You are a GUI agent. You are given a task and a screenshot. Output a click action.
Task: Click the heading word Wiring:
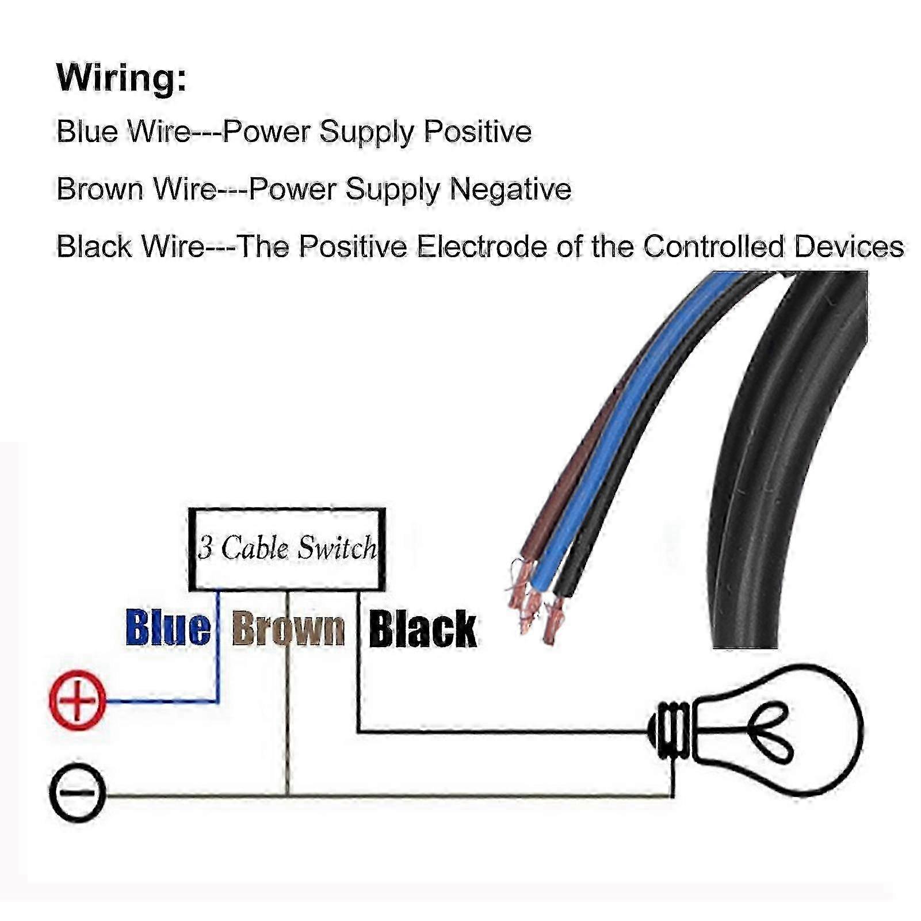pos(121,77)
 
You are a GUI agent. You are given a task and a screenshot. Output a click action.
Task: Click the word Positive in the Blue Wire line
pos(477,131)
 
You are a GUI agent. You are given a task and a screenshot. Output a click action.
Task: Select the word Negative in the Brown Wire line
pos(510,189)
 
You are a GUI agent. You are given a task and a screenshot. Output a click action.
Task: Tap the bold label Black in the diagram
pos(422,629)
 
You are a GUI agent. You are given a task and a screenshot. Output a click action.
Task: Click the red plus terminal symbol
pos(78,700)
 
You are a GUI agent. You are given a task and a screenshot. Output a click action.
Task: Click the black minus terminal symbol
pos(78,792)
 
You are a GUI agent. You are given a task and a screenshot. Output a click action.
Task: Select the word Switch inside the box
pos(337,548)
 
